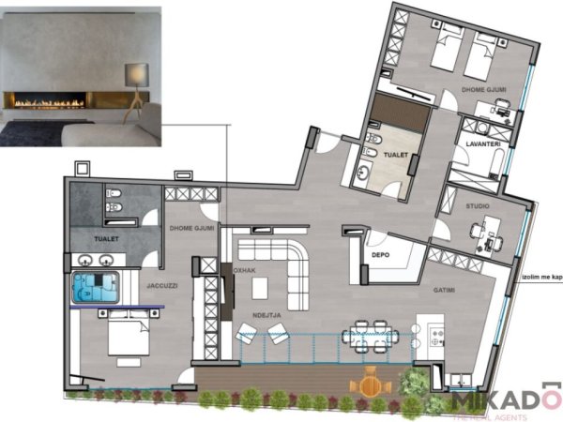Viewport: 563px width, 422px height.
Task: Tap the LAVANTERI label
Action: pyautogui.click(x=478, y=144)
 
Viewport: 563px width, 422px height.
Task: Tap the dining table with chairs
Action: pyautogui.click(x=370, y=335)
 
